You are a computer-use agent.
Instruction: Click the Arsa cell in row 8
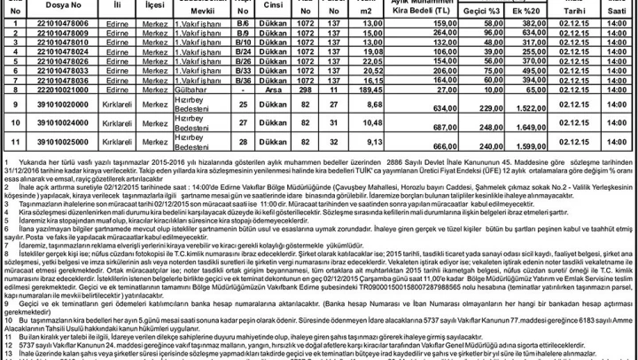coord(275,90)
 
